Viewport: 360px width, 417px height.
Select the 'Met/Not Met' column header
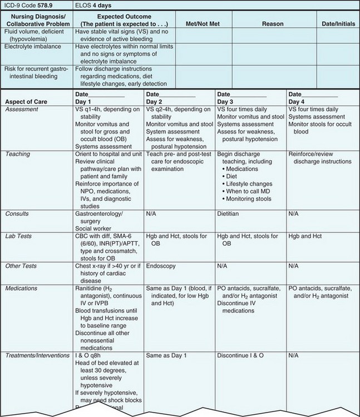(201, 24)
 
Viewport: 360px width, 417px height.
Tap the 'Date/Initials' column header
(338, 24)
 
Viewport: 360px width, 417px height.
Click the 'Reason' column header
(273, 24)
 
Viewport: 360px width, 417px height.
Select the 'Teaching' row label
(18, 153)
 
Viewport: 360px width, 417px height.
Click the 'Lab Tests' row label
(19, 236)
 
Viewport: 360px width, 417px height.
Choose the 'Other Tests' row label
(21, 266)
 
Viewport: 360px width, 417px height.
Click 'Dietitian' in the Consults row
(230, 213)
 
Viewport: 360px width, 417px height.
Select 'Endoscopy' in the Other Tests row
(162, 266)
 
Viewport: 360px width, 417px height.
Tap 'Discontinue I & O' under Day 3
(243, 355)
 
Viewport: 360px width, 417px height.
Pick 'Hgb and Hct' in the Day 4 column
(305, 236)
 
